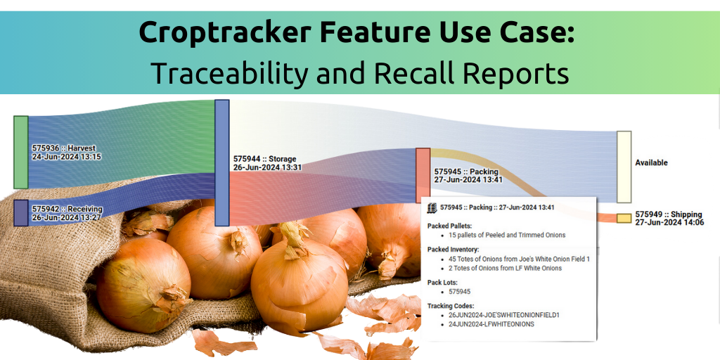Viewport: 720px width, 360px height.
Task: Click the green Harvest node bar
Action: [x=20, y=152]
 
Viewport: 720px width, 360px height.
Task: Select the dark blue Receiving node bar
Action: [x=20, y=212]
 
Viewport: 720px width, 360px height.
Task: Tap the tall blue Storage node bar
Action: [x=221, y=162]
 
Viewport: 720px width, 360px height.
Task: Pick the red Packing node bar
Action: [x=423, y=175]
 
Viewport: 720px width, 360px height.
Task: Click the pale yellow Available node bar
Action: [x=624, y=167]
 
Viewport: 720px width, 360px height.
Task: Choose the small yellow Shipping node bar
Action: [x=624, y=218]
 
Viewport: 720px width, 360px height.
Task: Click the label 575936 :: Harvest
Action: [x=64, y=148]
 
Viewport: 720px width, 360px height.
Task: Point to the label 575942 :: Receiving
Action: [x=67, y=209]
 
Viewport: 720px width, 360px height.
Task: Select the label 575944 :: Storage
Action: [x=265, y=159]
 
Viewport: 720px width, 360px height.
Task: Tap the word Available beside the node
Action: [x=652, y=162]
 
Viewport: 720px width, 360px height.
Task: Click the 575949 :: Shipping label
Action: [x=669, y=214]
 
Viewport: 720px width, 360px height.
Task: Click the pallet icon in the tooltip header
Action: [x=432, y=207]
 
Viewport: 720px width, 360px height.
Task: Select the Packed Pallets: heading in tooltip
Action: [x=449, y=226]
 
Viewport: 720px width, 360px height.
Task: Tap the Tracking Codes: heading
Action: [x=451, y=306]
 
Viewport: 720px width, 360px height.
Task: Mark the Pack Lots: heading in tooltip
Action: [x=442, y=282]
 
